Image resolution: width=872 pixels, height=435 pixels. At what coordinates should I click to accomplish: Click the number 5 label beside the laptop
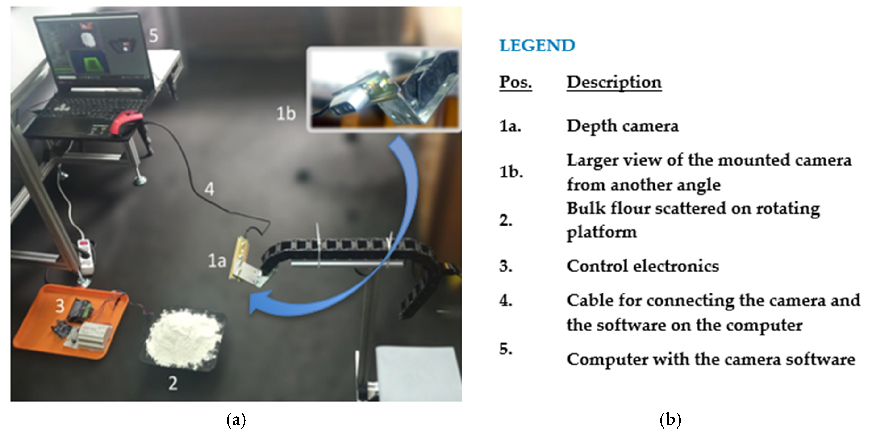coord(154,36)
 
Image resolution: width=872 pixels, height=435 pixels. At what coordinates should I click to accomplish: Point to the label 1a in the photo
coord(217,261)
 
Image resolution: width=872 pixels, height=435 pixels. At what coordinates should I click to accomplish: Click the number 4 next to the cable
coord(209,189)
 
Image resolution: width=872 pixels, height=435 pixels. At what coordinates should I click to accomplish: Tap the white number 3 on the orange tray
coord(60,306)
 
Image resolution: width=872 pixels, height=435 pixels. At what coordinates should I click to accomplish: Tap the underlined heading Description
coord(614,82)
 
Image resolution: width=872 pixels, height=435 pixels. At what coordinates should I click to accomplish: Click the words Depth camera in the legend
coord(622,126)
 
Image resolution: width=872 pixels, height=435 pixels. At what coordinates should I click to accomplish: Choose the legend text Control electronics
coord(643,266)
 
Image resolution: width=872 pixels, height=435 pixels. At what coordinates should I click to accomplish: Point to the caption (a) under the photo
coord(236,420)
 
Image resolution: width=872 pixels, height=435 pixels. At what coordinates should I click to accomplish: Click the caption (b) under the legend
coord(670,420)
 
